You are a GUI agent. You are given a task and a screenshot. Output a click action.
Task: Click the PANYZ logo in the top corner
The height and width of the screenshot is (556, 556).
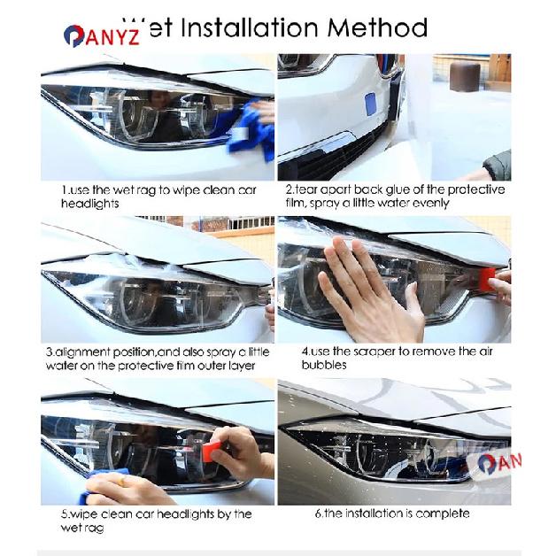[101, 36]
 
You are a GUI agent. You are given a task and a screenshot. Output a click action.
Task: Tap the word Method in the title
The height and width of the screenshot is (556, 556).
[377, 27]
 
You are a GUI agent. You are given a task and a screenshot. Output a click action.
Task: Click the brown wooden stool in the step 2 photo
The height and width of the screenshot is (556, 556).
[465, 76]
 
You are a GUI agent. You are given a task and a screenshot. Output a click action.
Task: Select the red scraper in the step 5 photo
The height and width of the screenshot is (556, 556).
[212, 452]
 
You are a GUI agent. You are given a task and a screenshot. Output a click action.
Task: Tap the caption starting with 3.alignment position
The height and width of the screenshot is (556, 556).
[157, 359]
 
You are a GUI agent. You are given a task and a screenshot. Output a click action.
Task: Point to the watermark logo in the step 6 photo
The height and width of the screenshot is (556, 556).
[498, 463]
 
